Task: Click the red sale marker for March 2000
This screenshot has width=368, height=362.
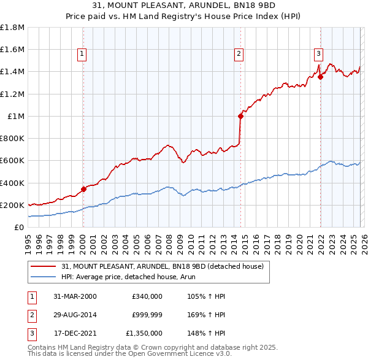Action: point(83,189)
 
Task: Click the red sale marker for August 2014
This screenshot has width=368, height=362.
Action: point(240,115)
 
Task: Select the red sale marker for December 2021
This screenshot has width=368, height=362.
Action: point(320,77)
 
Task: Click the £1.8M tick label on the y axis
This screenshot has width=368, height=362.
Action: point(12,28)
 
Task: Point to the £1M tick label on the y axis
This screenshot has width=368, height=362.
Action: point(16,116)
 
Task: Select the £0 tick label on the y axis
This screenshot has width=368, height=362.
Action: point(20,227)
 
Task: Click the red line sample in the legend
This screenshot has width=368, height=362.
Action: point(43,266)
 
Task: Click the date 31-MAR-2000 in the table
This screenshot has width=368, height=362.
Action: point(75,296)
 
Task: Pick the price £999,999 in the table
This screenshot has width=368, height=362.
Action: point(147,315)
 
